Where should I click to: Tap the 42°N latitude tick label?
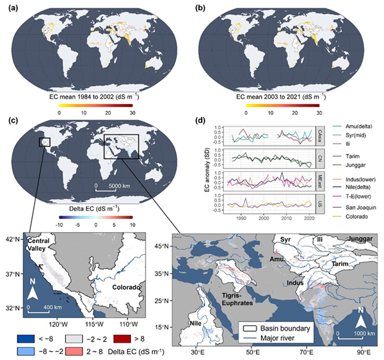(12, 239)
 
